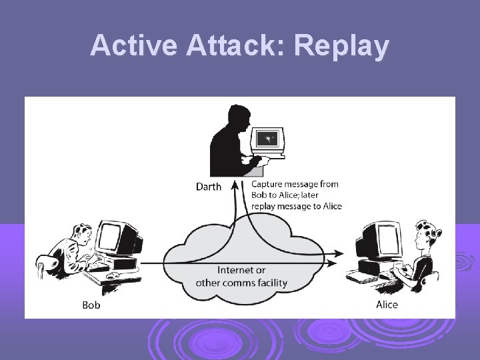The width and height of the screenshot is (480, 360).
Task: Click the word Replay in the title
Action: click(341, 46)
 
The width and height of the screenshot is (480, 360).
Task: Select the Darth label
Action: click(209, 187)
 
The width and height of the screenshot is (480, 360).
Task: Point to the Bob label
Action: click(91, 305)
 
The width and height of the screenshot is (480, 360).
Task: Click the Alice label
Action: click(387, 305)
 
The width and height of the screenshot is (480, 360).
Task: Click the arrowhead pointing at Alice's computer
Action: click(340, 253)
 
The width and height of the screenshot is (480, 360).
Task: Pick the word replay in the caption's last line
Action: click(265, 207)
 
